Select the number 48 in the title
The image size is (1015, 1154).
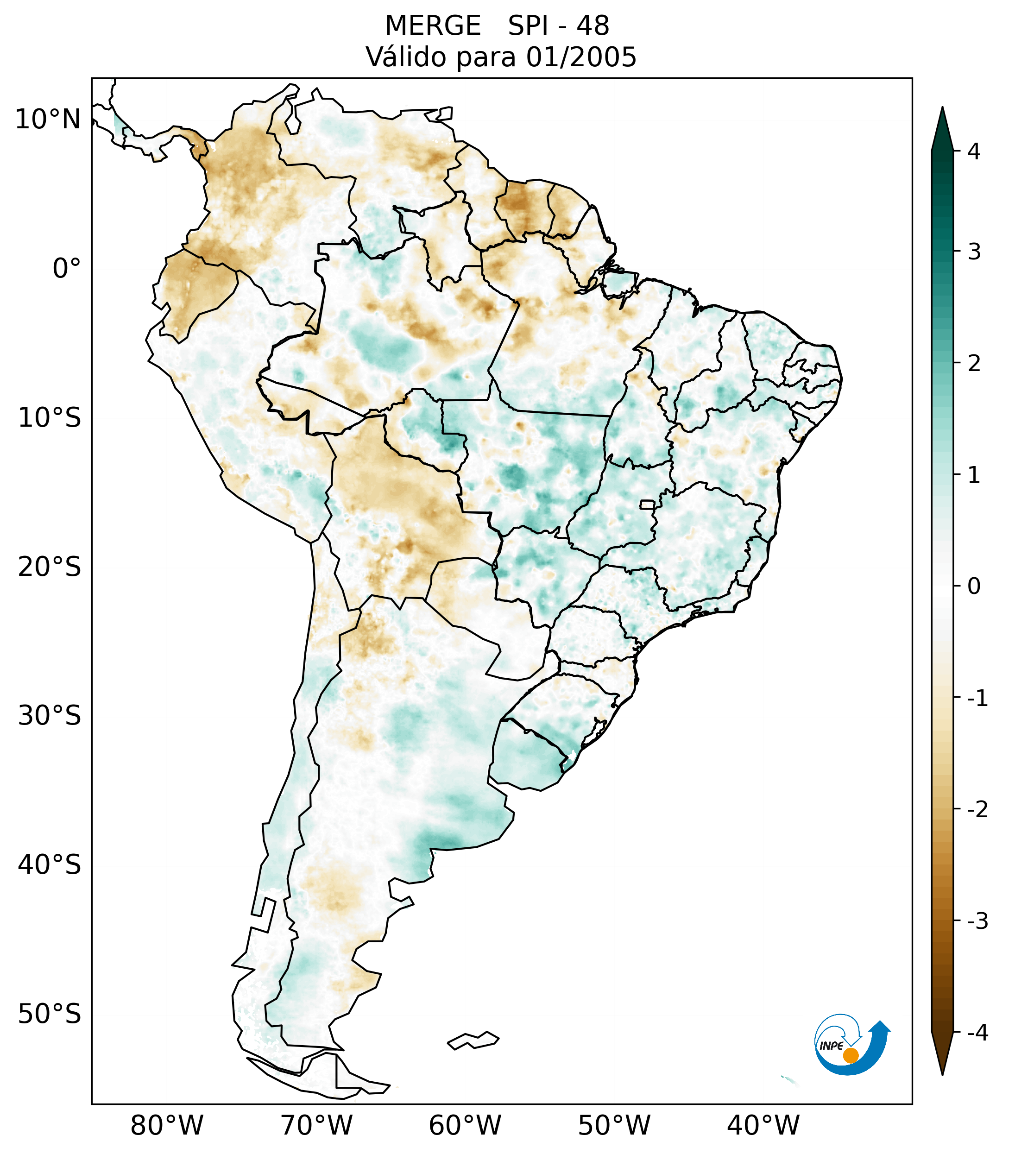(593, 26)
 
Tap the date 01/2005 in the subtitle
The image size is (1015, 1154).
(581, 57)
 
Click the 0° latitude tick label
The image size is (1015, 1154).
(67, 269)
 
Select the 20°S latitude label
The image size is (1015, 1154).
(50, 567)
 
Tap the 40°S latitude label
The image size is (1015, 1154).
(50, 865)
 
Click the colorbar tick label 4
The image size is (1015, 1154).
(974, 151)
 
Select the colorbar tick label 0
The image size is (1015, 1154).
(974, 586)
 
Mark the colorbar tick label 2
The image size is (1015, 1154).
(974, 364)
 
